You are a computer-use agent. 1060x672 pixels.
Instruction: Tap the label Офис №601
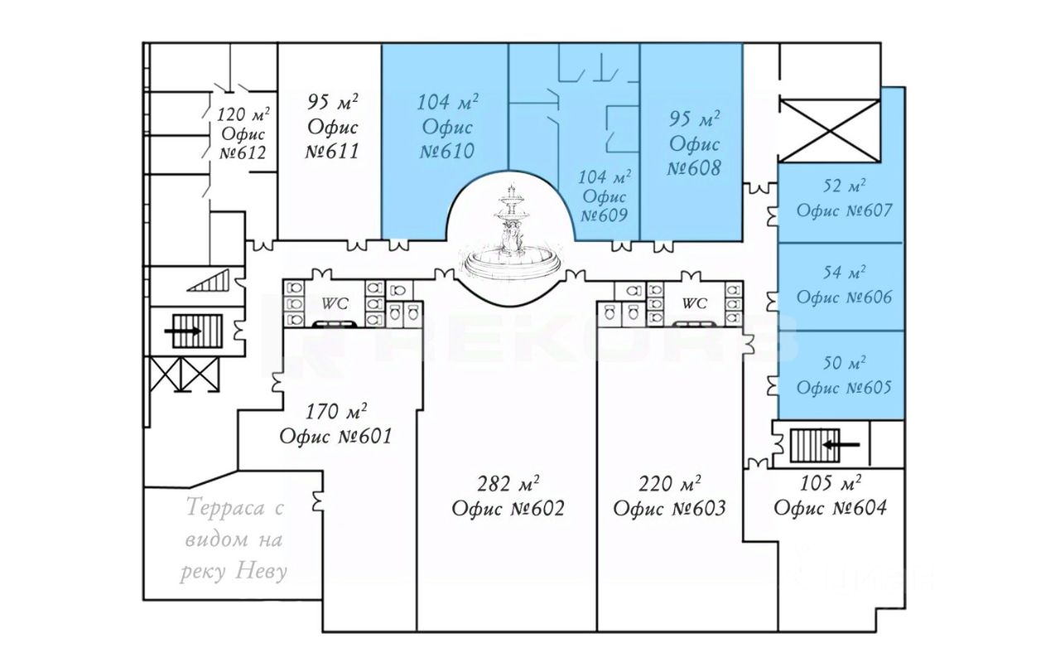(x=335, y=436)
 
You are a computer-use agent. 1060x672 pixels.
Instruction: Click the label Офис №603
(x=669, y=508)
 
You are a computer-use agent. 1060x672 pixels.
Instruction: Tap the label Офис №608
(x=694, y=156)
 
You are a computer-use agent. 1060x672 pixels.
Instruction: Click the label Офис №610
(x=447, y=139)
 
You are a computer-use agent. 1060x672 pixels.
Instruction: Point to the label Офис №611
(x=332, y=139)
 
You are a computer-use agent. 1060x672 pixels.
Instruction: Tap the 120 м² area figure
(x=243, y=114)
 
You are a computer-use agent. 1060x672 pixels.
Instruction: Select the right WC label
(x=694, y=303)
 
